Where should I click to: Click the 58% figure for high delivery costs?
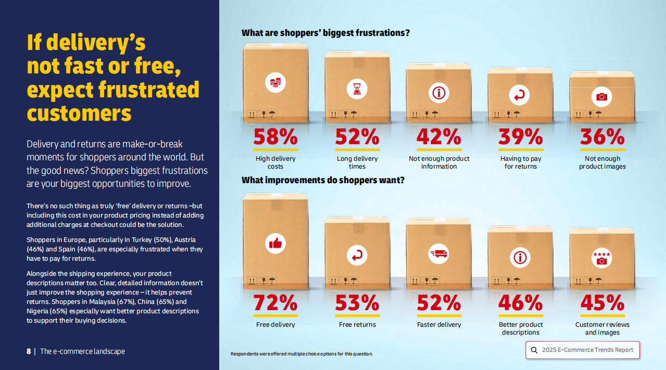[275, 136]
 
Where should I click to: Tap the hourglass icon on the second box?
[357, 89]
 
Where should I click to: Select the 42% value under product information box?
[438, 136]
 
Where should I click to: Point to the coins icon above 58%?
[275, 82]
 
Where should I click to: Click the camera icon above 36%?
[601, 97]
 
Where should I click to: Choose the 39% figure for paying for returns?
[520, 136]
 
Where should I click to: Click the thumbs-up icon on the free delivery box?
[275, 243]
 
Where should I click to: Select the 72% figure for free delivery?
[275, 302]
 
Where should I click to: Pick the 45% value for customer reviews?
[601, 302]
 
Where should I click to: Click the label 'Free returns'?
[357, 325]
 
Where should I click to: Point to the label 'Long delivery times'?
[357, 162]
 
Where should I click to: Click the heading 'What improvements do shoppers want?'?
[323, 181]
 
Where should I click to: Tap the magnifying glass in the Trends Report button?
[534, 350]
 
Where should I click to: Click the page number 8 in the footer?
[29, 351]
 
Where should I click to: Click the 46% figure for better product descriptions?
[520, 302]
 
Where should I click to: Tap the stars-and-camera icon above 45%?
[601, 258]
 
